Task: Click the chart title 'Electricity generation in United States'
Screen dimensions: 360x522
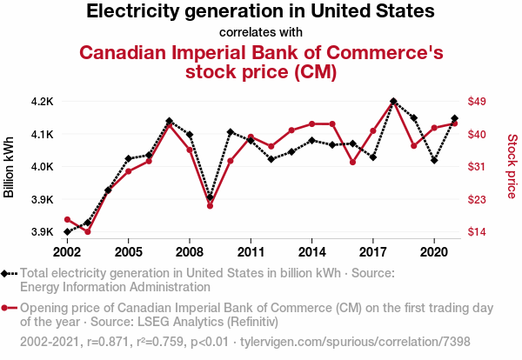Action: click(x=261, y=12)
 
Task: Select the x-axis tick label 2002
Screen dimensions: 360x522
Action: click(x=67, y=251)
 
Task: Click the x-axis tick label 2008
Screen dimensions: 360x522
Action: click(x=189, y=251)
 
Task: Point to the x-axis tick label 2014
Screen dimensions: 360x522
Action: click(x=311, y=251)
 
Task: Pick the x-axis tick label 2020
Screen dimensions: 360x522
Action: click(x=433, y=251)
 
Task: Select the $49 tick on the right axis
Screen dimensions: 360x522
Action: click(x=477, y=102)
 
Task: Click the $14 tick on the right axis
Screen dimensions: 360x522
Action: click(x=477, y=232)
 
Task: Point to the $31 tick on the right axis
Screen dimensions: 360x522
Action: click(x=477, y=167)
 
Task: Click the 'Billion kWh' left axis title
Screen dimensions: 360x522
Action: click(x=10, y=167)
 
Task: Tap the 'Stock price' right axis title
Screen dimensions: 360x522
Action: click(x=512, y=165)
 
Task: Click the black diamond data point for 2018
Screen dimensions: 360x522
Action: click(x=393, y=101)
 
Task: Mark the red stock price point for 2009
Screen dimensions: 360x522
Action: click(x=210, y=206)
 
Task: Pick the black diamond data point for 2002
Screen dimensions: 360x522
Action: click(x=67, y=232)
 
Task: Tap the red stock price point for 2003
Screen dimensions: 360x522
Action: click(x=87, y=231)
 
